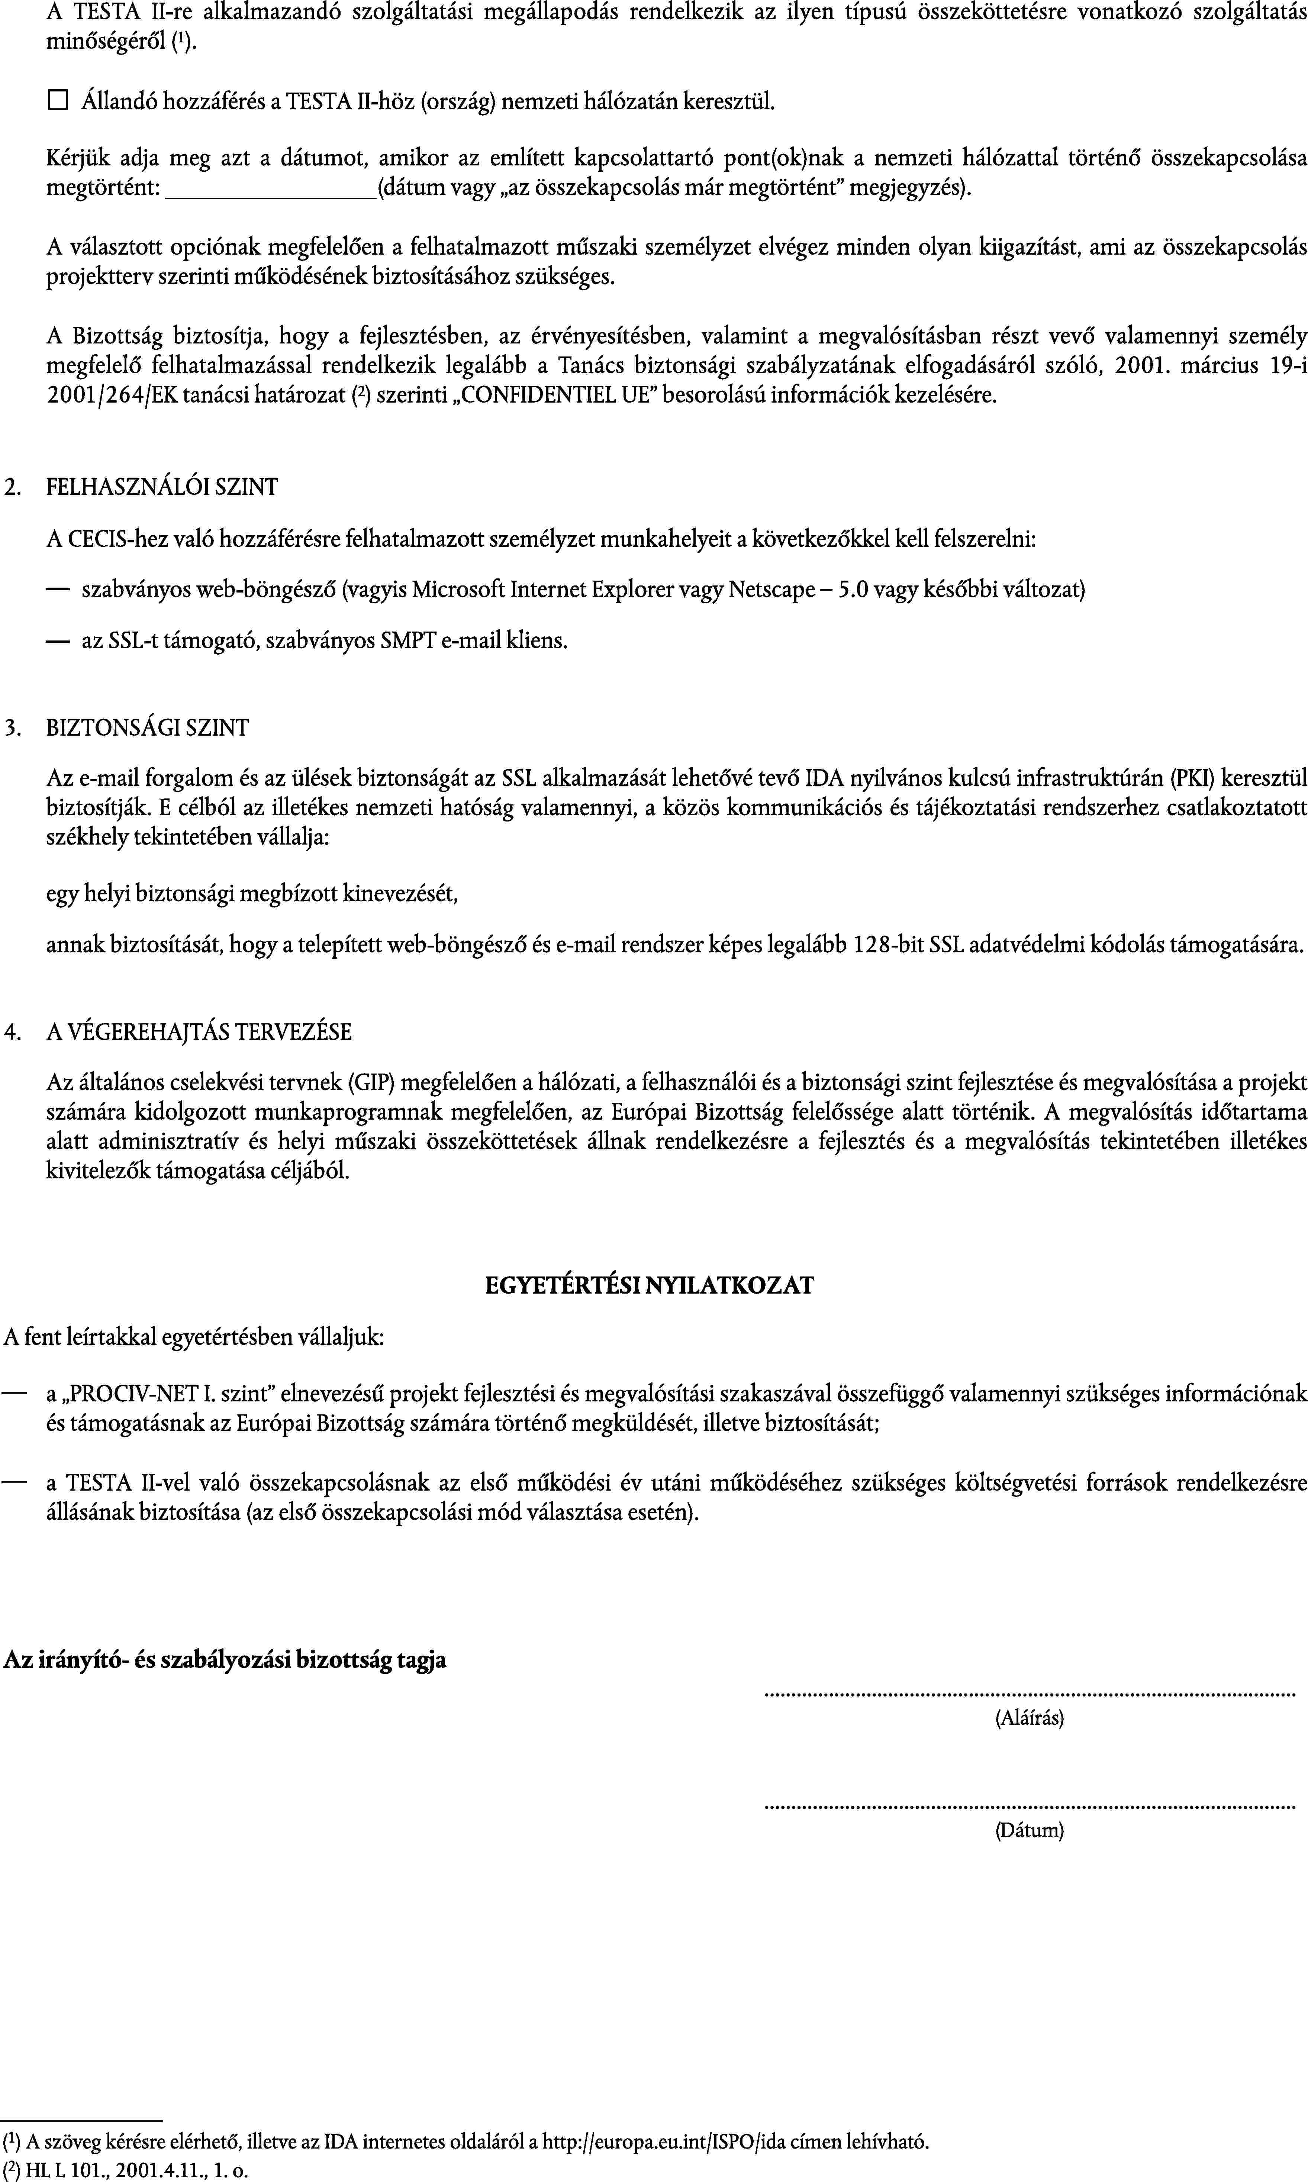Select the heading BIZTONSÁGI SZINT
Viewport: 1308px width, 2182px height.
pyautogui.click(x=147, y=728)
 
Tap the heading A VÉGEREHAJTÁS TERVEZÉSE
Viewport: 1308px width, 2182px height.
pyautogui.click(x=199, y=1031)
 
